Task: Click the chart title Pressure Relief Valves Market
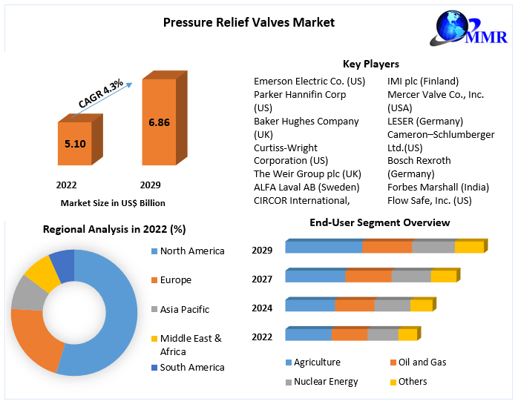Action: pos(249,22)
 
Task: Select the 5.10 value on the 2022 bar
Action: pos(75,144)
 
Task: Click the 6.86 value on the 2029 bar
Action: pos(159,122)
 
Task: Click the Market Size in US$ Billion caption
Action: pos(113,202)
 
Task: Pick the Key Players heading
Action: pos(370,64)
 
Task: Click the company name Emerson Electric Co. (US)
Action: pos(309,81)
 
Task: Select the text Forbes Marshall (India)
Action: pos(437,187)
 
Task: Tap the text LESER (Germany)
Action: pos(424,121)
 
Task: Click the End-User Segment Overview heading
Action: pos(379,222)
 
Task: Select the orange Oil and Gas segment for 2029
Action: pos(387,248)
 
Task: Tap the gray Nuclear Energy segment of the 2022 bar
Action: pos(383,335)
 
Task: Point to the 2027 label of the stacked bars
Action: pos(262,279)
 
